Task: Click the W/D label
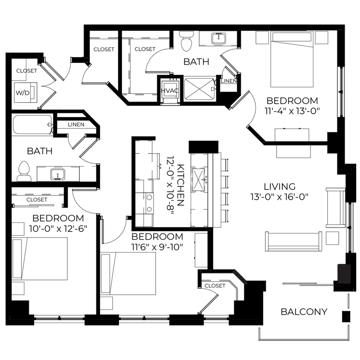[x=23, y=93]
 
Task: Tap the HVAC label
[x=169, y=90]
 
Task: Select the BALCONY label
[x=304, y=312]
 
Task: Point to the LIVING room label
[x=279, y=186]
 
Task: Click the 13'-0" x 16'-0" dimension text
[x=279, y=197]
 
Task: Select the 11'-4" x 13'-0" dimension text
[x=292, y=111]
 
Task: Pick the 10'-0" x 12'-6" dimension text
[x=58, y=228]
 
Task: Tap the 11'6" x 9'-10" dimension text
[x=157, y=247]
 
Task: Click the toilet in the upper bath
[x=186, y=41]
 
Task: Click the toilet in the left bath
[x=24, y=171]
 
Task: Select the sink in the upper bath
[x=218, y=38]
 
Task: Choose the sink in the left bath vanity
[x=58, y=174]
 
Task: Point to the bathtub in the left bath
[x=32, y=124]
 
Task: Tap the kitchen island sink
[x=198, y=180]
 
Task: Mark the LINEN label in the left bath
[x=76, y=125]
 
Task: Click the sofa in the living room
[x=293, y=241]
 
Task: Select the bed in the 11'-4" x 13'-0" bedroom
[x=292, y=59]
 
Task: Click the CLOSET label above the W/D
[x=26, y=71]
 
